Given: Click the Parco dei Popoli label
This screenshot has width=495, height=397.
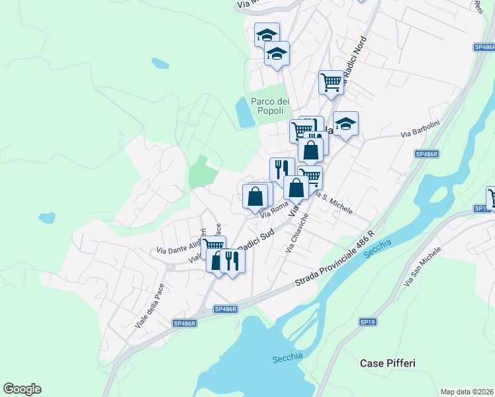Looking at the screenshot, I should click(270, 106).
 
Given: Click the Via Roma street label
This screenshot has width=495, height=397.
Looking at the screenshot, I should click(274, 210).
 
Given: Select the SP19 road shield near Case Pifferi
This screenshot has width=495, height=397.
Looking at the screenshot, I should click(367, 322).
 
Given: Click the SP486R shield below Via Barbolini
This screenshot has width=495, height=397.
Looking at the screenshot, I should click(427, 154).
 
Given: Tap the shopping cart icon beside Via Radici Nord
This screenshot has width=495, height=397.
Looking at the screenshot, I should click(331, 83).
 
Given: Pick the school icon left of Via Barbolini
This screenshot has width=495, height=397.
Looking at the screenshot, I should click(345, 124).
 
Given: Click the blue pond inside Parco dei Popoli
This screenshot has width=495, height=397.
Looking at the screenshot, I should click(244, 112).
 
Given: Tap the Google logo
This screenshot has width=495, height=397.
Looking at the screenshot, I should click(22, 389).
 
